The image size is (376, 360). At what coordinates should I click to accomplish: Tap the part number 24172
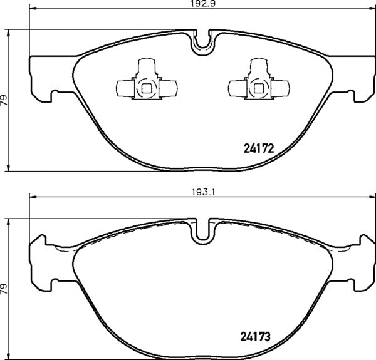259,150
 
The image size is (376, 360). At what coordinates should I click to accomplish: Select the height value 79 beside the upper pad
4,98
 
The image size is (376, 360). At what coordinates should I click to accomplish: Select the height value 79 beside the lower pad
4,288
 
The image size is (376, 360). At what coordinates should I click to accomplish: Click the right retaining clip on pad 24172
258,83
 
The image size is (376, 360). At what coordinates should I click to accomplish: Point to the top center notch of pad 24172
202,41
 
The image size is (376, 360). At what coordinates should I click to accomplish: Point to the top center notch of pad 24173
202,230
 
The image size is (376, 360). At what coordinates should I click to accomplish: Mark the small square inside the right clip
258,88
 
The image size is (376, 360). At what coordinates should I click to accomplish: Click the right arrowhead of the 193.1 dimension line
371,198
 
